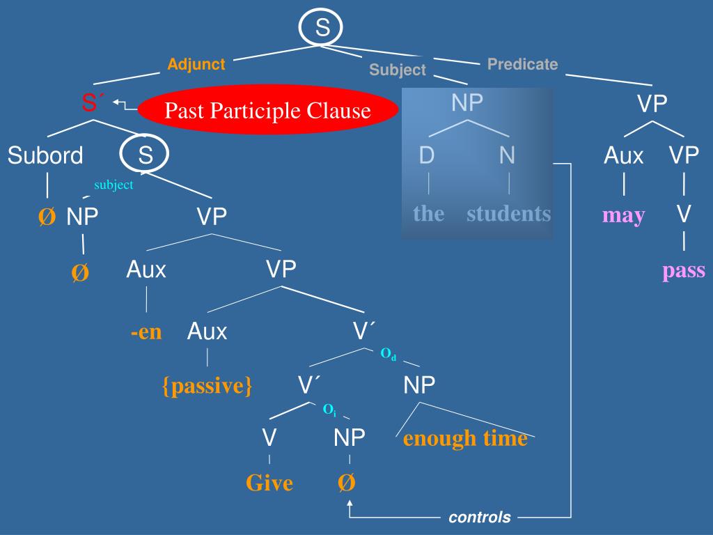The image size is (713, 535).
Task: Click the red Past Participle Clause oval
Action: (x=268, y=110)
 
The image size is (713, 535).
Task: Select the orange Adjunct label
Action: (x=196, y=65)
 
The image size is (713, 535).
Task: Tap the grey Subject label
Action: (x=397, y=70)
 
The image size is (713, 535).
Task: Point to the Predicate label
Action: (x=522, y=64)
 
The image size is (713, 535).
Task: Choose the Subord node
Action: (x=45, y=155)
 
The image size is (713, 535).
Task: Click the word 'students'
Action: (x=508, y=213)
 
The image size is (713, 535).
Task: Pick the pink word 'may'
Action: (x=623, y=215)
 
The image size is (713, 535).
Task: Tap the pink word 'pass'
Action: (x=683, y=270)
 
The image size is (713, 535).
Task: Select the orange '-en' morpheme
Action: (x=146, y=332)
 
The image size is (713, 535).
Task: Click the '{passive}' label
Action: (x=207, y=385)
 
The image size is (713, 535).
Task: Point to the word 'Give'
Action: (x=269, y=483)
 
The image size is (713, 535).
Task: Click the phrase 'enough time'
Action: (x=465, y=439)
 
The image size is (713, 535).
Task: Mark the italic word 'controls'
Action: (x=479, y=518)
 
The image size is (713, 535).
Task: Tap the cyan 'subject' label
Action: (x=113, y=185)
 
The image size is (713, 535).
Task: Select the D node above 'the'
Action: (x=427, y=155)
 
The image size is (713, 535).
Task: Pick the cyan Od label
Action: (x=388, y=355)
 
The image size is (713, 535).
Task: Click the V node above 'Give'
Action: (x=269, y=437)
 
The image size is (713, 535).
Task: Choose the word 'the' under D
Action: (x=428, y=213)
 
